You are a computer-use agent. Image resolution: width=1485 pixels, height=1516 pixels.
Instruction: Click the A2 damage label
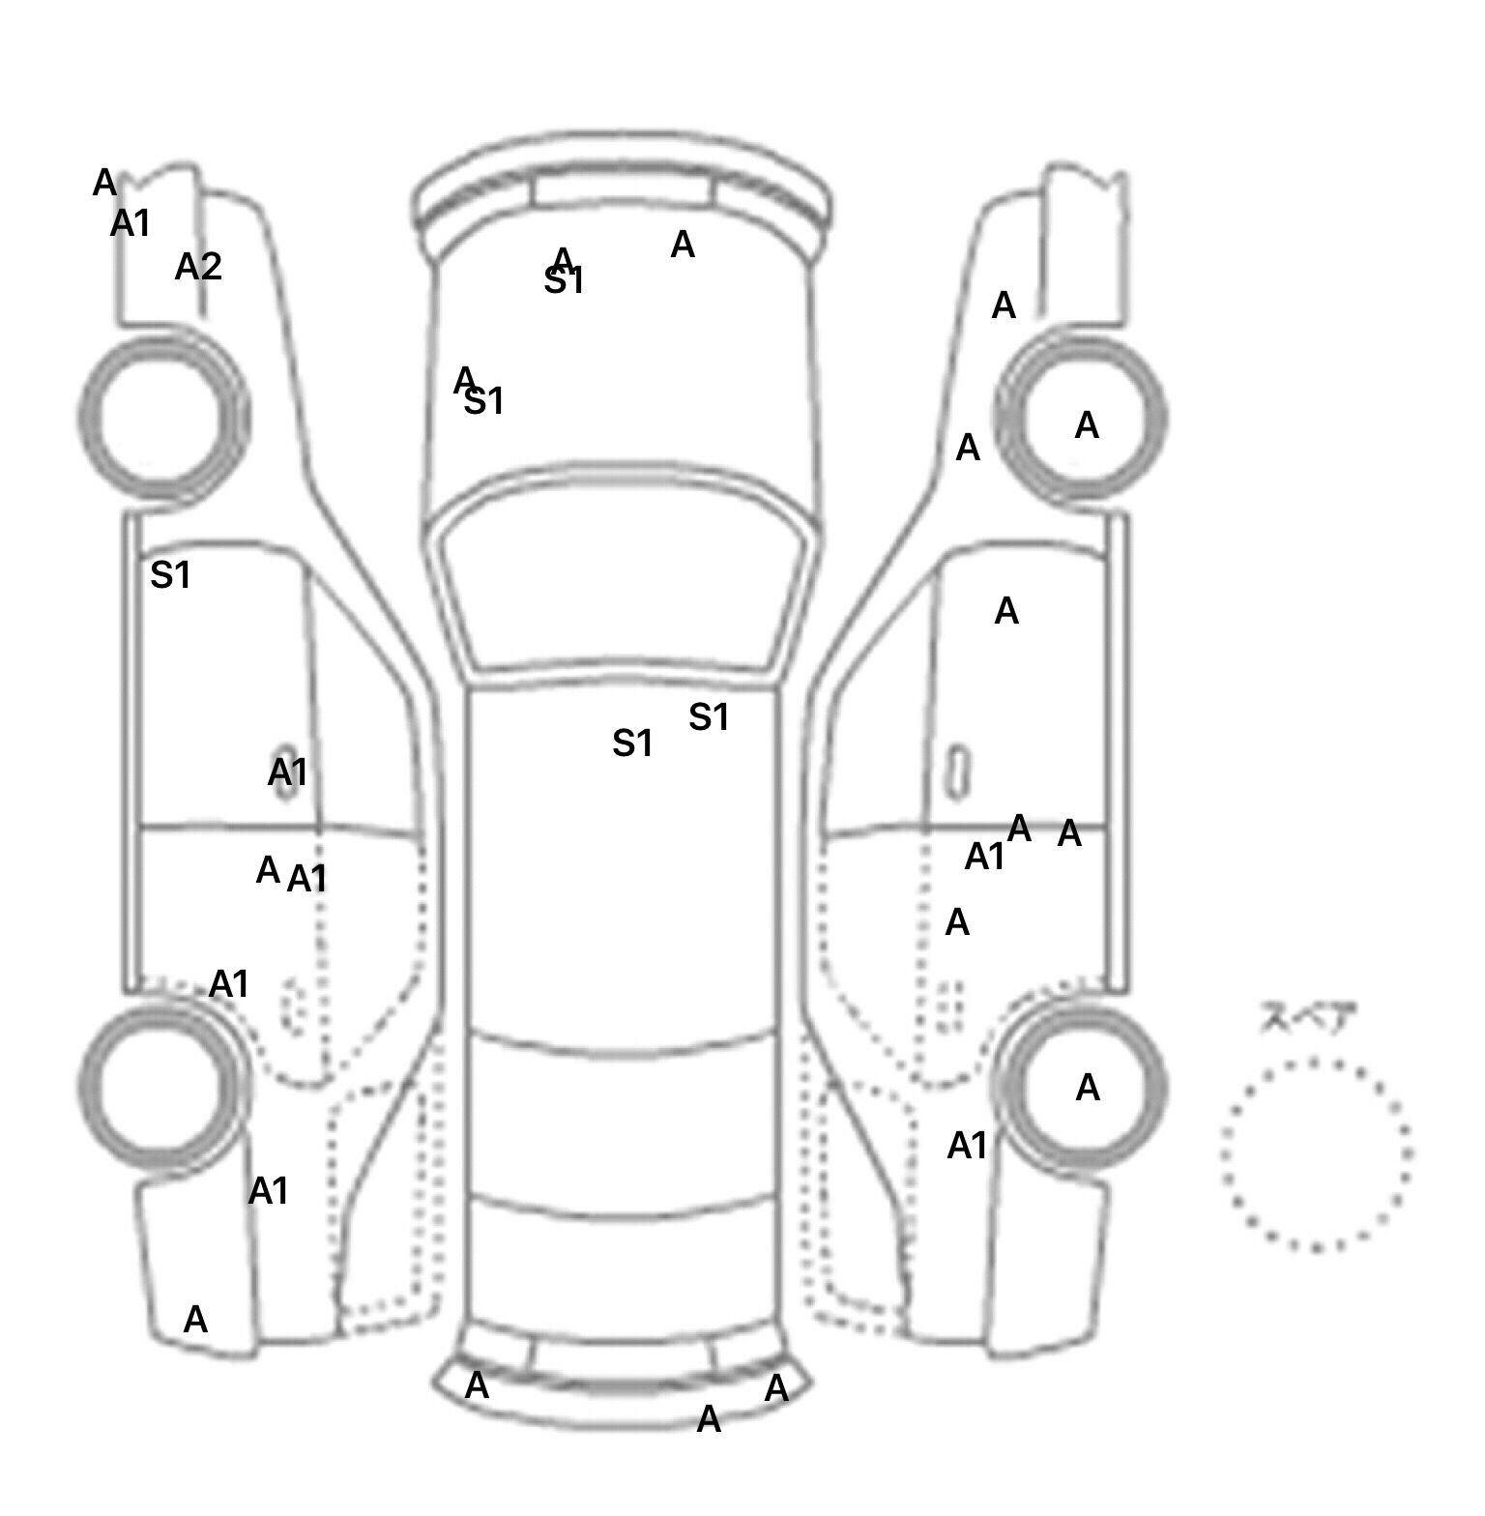point(198,267)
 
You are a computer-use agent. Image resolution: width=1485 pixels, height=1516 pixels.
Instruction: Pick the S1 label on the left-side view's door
point(170,576)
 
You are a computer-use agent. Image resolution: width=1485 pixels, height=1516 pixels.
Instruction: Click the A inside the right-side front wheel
point(1087,425)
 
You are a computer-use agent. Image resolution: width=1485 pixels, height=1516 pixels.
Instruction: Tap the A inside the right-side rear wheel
point(1088,1089)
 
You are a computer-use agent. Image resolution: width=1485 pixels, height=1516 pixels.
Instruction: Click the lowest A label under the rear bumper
point(709,1420)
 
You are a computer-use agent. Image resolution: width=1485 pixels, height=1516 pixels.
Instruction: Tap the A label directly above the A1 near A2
point(104,183)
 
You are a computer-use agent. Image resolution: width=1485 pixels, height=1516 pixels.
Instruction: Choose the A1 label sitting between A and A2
point(131,224)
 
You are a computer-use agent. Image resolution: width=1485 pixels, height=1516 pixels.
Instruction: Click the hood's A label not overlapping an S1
point(683,246)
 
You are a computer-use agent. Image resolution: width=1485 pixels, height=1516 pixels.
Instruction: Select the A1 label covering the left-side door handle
point(287,773)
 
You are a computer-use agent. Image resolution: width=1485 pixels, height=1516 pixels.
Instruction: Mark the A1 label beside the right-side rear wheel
point(967,1147)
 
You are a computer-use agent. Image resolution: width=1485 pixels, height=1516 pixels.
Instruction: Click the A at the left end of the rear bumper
point(477,1386)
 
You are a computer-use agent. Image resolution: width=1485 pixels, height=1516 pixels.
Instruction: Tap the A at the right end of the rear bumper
point(776,1389)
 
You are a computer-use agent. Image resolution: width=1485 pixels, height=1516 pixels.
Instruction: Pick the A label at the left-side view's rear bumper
point(195,1320)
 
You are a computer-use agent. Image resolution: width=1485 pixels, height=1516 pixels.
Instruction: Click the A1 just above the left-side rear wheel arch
point(229,984)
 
